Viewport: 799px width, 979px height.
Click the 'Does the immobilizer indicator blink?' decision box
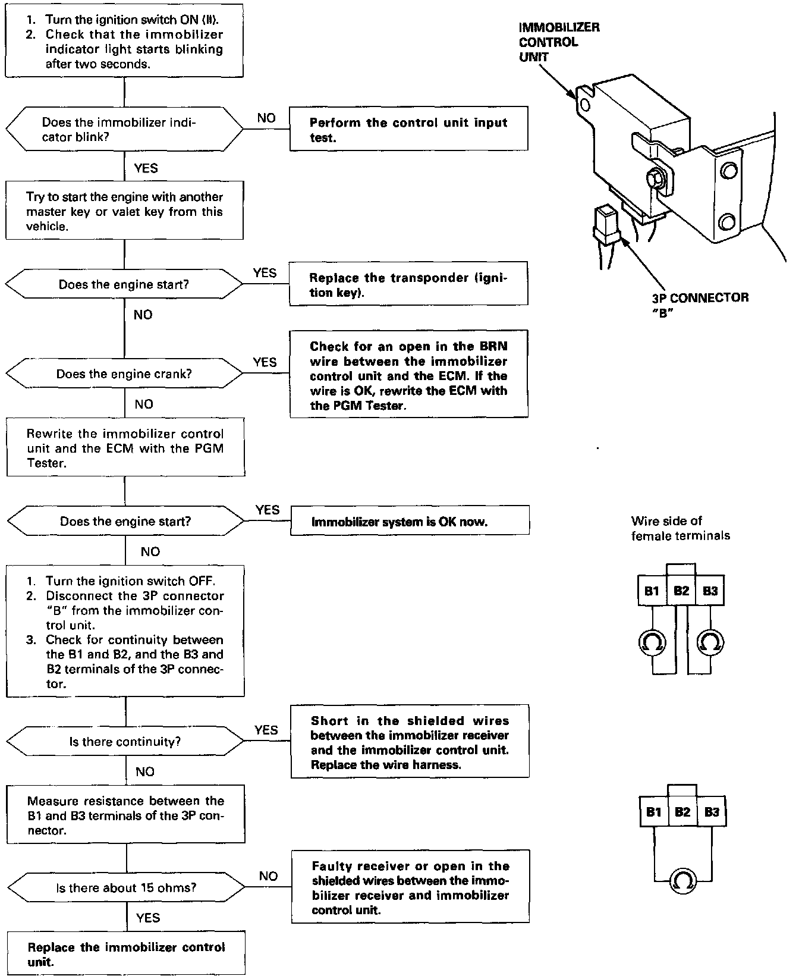pyautogui.click(x=124, y=130)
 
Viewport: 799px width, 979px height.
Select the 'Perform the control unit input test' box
pyautogui.click(x=408, y=129)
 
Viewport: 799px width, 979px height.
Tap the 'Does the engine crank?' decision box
pyautogui.click(x=124, y=374)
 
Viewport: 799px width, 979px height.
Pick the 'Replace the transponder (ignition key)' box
pyautogui.click(x=408, y=284)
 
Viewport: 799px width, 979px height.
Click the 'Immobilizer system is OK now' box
pyautogui.click(x=409, y=522)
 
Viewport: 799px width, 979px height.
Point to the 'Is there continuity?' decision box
pyautogui.click(x=125, y=742)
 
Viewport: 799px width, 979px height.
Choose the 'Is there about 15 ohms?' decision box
pyautogui.click(x=126, y=888)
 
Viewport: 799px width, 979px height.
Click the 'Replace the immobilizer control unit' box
pyautogui.click(x=126, y=954)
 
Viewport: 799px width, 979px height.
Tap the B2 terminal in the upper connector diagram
pyautogui.click(x=681, y=591)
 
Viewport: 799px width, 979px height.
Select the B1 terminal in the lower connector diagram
pyautogui.click(x=653, y=812)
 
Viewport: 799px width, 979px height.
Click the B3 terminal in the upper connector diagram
pyautogui.click(x=710, y=591)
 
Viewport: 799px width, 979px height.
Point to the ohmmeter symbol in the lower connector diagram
pyautogui.click(x=682, y=881)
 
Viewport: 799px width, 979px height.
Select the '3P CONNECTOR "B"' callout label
pyautogui.click(x=700, y=305)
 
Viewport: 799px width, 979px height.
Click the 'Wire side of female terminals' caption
pyautogui.click(x=680, y=528)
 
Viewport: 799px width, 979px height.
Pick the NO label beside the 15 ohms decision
pyautogui.click(x=268, y=876)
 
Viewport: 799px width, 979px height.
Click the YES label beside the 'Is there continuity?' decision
pyautogui.click(x=266, y=730)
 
